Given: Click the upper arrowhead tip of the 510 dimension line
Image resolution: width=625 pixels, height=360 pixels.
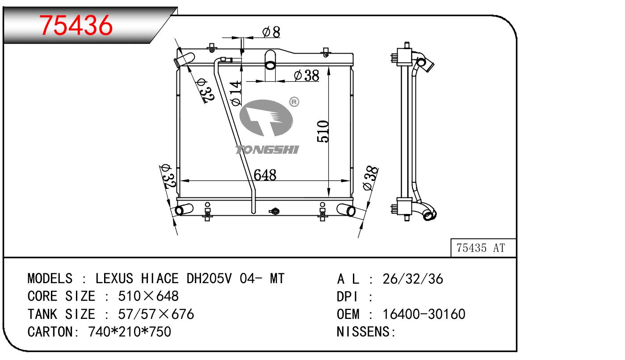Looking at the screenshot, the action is pos(329,67).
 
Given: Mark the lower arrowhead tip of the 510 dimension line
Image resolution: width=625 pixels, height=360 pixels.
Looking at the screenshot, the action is pos(329,197).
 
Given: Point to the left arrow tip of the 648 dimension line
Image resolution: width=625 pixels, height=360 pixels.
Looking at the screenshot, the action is pos(180,181).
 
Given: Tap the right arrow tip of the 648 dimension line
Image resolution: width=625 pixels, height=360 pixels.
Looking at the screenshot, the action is pos(350,181).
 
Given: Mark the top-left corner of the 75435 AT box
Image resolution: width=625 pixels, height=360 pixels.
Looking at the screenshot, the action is pos(451,239).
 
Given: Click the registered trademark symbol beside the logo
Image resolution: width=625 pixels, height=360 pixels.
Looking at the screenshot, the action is pos(294,102).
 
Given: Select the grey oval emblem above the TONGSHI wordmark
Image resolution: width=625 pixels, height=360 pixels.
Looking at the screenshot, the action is pos(266,118).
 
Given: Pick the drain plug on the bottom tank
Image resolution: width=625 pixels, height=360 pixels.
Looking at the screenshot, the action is pos(275,211).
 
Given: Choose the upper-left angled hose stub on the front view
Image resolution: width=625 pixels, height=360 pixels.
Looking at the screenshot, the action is pos(184,59).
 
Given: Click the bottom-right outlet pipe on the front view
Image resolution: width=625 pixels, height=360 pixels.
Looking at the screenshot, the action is pos(346,209).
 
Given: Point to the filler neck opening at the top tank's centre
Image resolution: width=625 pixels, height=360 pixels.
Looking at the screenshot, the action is pos(270,65).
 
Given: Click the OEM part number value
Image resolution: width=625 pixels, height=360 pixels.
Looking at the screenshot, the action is pos(424,314).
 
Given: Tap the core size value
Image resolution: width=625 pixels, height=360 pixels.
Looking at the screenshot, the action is pos(148,296).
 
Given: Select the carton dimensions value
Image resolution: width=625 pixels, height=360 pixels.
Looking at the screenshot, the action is pos(130,332).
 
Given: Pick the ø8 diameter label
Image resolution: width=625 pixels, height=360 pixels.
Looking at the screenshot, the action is pos(271,32).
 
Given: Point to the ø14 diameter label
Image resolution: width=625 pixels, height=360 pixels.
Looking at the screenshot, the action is pos(236,93).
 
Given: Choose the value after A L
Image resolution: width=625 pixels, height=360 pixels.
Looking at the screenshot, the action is pos(413,279).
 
